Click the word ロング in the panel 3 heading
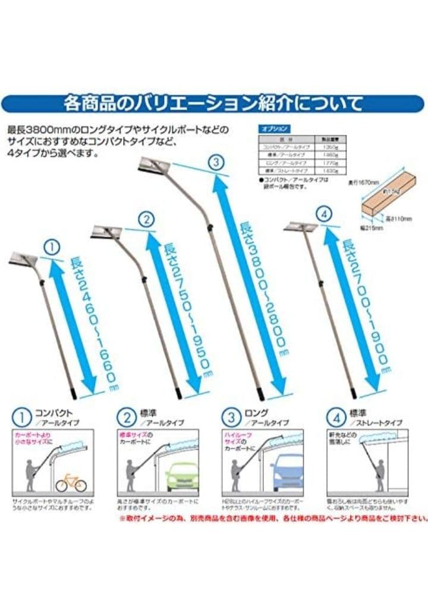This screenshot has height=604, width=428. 256,412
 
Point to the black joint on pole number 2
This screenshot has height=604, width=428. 144,277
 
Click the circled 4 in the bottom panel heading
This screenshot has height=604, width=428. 338,418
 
